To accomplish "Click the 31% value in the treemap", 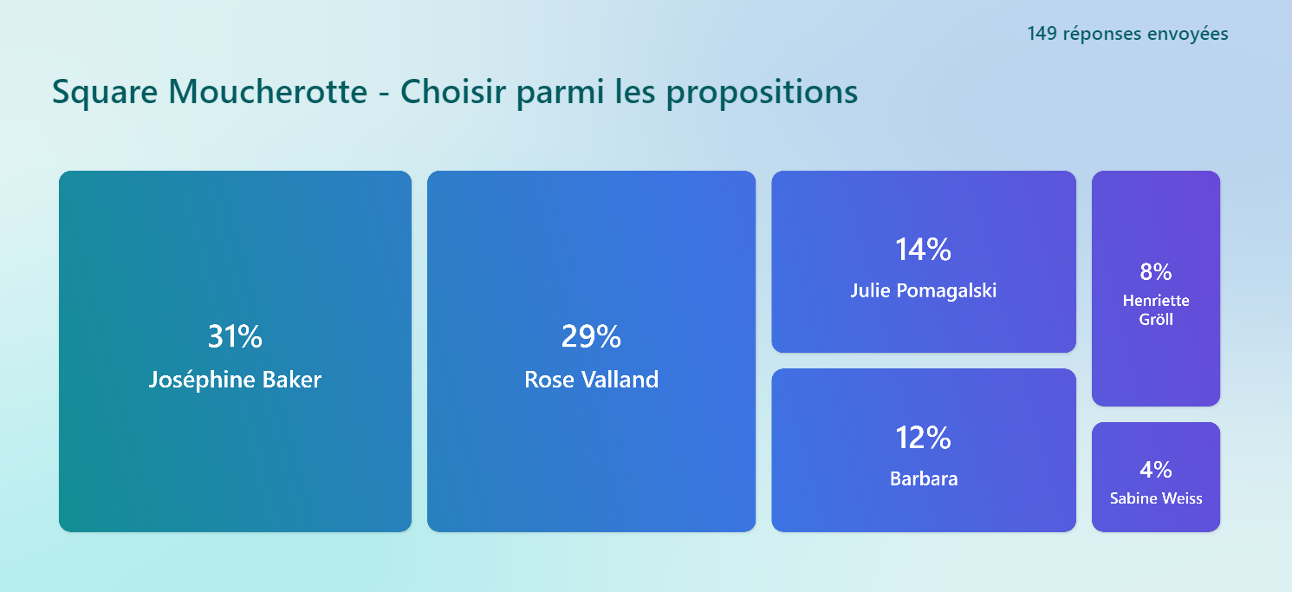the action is coord(235,336).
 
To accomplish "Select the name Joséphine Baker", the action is coord(235,380).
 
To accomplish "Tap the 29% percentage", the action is coord(591,336).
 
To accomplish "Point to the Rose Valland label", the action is coord(591,380).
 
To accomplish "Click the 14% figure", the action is coord(924,250).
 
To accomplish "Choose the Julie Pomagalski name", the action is coord(924,290).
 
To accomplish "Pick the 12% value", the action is coord(924,438).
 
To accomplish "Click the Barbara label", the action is coord(924,478).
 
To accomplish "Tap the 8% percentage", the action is coord(1156,272).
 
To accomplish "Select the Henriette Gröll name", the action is coord(1156,309).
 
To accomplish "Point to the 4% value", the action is coord(1156,470).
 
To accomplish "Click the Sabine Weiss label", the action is coord(1156,498).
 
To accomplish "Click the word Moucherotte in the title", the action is coord(268,91).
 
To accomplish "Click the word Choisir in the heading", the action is coord(453,91).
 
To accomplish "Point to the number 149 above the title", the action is coord(1042,34).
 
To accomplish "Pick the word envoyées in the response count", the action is coord(1188,35).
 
